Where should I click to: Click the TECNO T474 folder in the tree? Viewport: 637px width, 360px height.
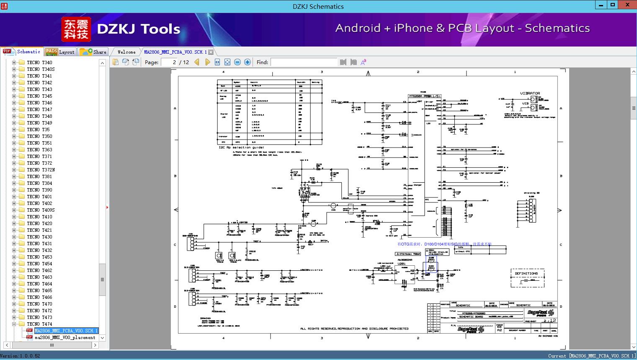39,324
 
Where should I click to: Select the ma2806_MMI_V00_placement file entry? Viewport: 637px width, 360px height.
65,337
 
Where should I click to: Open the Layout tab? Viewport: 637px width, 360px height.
60,52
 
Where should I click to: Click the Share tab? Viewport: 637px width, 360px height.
93,52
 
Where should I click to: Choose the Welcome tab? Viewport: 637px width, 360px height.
126,52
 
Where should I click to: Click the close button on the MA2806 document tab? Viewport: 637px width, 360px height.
211,52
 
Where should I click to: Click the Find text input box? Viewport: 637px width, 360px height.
304,62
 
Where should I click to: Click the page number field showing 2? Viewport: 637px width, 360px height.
169,62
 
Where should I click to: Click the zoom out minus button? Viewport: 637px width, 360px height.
237,62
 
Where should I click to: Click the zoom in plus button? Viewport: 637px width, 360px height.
248,62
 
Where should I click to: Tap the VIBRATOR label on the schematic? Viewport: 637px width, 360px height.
530,93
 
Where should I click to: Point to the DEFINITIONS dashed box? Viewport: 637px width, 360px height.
527,278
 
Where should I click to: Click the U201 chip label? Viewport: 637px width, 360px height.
402,264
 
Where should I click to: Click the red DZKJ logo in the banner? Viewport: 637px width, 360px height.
76,29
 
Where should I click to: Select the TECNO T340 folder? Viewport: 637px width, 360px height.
39,62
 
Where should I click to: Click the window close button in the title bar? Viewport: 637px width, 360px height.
628,5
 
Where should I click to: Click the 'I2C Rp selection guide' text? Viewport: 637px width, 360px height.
241,148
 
